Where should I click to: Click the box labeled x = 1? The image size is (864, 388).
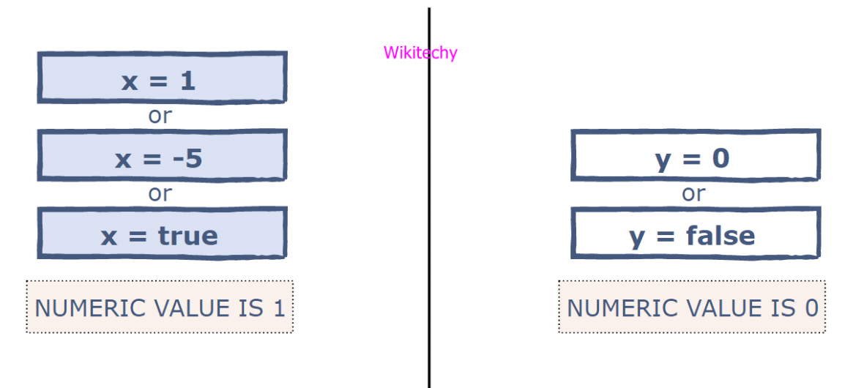162,78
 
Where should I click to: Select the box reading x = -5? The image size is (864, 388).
162,156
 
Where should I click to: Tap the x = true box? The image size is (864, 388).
162,234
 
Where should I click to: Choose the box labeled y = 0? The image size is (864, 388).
695,156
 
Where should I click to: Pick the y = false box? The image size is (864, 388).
695,234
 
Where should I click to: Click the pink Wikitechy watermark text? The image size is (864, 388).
420,53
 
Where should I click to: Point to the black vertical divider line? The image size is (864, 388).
429,220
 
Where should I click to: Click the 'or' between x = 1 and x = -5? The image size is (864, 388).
160,116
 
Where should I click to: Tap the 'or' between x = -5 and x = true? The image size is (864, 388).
160,194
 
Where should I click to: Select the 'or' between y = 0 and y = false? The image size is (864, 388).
693,194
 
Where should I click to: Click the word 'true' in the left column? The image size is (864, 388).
187,235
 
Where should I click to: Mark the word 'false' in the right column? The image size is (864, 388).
720,235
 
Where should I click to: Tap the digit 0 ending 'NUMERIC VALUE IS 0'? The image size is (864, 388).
811,308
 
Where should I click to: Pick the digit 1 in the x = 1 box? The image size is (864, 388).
187,80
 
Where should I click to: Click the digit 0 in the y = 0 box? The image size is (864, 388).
720,157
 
